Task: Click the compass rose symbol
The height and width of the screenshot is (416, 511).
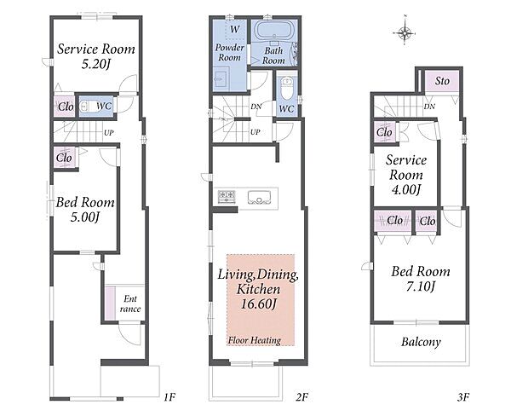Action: pos(405,32)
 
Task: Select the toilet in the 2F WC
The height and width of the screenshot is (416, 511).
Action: pos(286,88)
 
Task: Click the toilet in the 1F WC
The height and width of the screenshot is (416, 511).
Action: pos(88,107)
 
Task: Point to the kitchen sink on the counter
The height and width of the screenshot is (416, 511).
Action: pos(260,198)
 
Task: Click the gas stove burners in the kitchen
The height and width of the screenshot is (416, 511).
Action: pos(227,197)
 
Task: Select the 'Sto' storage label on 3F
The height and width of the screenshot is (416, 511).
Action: pos(442,81)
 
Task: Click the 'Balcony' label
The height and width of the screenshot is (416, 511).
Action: pos(421,342)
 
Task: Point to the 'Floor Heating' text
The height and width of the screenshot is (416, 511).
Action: pos(254,340)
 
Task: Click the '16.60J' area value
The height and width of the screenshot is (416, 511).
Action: pos(258,304)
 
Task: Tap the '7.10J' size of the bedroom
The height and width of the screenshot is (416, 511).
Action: pos(421,286)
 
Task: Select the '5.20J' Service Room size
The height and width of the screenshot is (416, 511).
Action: pos(95,64)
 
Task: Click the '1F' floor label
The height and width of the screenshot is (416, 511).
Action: pos(169,397)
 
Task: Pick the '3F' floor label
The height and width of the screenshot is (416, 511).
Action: pos(462,397)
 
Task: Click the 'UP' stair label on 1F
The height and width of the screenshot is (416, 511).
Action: pos(108,133)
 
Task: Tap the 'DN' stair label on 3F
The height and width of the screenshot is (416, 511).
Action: pos(429,107)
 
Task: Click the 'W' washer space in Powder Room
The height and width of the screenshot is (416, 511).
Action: pos(235,29)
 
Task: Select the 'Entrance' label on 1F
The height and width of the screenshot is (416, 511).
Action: pos(130,303)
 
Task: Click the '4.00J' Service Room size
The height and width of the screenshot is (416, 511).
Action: pos(405,189)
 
